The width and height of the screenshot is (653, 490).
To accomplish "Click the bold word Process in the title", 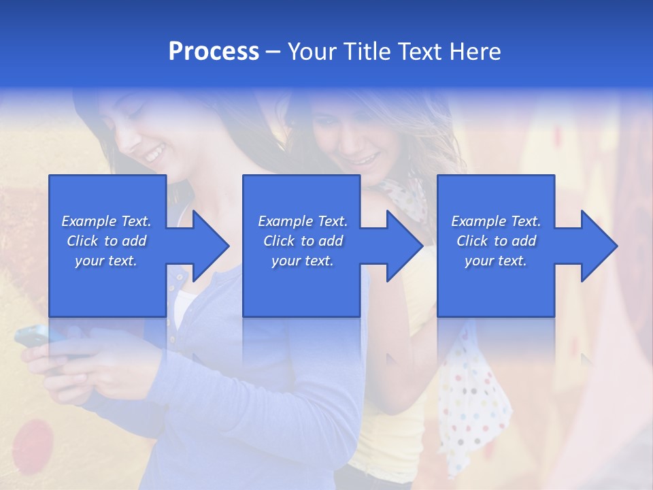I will point(214,52).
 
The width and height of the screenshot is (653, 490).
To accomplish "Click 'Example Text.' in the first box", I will point(106,221).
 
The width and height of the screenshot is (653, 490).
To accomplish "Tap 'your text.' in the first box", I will point(106,261).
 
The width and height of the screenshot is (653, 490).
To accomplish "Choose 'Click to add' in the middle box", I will point(303,241).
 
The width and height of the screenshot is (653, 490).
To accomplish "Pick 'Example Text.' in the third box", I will point(496,221).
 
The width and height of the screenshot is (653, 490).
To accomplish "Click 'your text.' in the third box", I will point(496,261).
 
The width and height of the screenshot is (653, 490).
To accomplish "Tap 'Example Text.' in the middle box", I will point(303,221).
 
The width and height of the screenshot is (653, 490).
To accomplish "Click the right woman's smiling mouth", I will point(366,161).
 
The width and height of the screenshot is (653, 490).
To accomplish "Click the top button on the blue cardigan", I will point(179,277).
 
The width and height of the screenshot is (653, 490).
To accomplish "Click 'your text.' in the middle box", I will point(303,261).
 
